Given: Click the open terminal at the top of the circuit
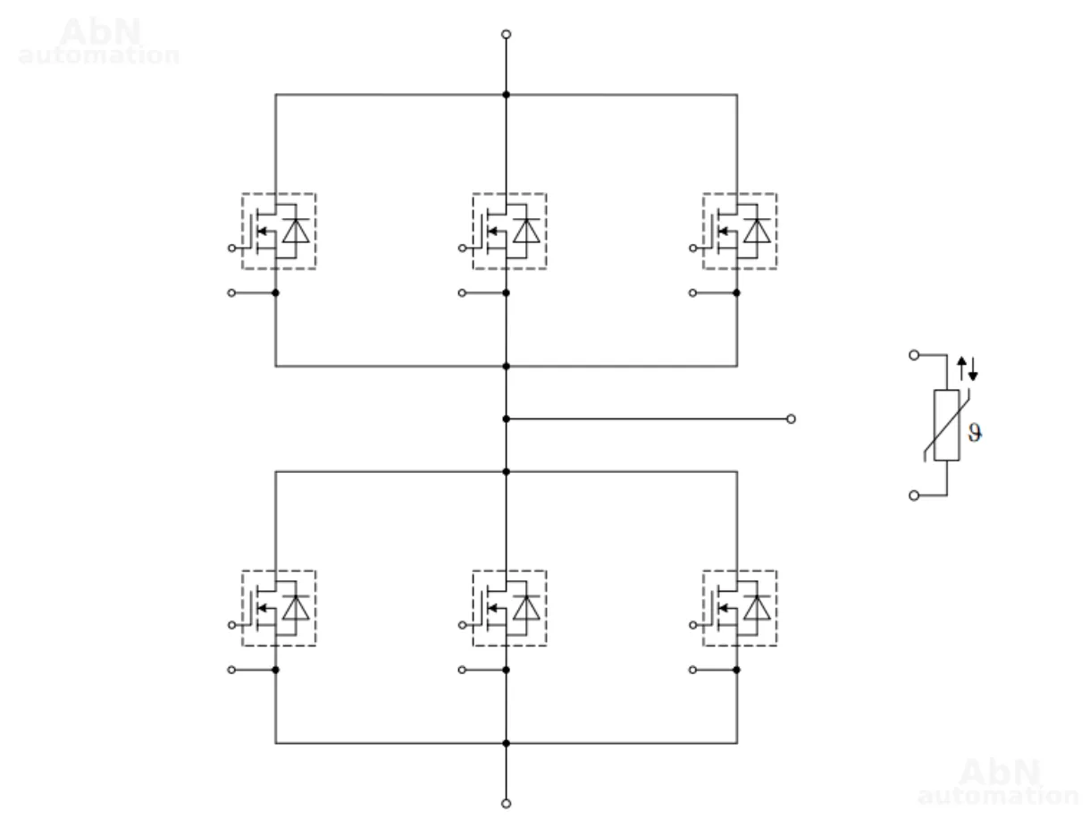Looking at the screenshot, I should tap(507, 34).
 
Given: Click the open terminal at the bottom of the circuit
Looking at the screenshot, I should tap(507, 803).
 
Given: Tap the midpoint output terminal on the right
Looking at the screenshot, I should tap(792, 418).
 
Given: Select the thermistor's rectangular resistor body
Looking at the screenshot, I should tap(947, 426).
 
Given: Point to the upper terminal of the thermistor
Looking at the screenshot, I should tap(913, 355).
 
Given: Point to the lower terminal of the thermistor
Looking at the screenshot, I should tap(913, 495).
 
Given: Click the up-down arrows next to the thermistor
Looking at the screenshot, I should tap(968, 367).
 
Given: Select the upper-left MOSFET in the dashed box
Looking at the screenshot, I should tap(278, 231).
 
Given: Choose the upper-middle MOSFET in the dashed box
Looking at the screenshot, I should tap(509, 231).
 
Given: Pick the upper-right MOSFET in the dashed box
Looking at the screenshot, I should tap(740, 231).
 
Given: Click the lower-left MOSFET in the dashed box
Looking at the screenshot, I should tap(278, 608).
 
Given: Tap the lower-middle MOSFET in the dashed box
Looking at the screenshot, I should tap(509, 608).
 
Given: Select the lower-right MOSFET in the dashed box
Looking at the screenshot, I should tap(740, 608).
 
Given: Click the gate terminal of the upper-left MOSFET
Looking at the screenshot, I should tap(232, 247).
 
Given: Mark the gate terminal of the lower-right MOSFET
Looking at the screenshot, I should tap(694, 624).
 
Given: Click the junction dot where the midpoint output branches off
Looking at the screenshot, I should tap(507, 418).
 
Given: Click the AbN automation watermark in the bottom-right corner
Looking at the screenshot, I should tap(999, 781).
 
